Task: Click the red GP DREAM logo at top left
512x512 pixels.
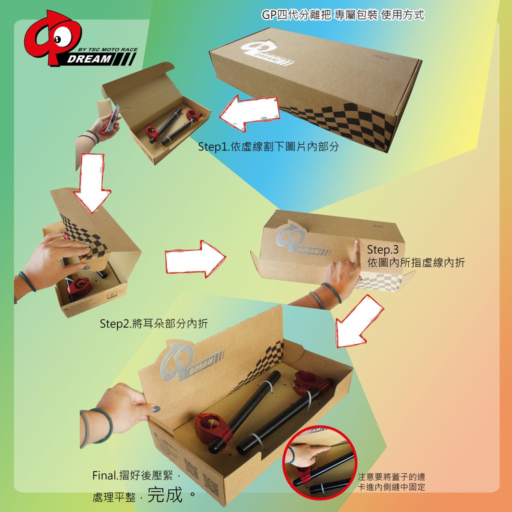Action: click(x=80, y=38)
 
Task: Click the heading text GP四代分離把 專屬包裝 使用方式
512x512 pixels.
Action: click(x=343, y=14)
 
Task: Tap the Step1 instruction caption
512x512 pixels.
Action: click(x=268, y=146)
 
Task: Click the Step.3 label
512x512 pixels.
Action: click(x=382, y=250)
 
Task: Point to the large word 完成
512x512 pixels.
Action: click(x=165, y=494)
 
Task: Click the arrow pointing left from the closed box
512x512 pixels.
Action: click(x=249, y=112)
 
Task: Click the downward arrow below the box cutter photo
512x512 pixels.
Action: click(x=92, y=183)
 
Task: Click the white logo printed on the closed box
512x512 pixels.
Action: click(x=267, y=52)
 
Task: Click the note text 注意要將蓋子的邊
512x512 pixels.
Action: click(x=391, y=476)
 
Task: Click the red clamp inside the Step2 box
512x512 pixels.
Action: click(x=79, y=286)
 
